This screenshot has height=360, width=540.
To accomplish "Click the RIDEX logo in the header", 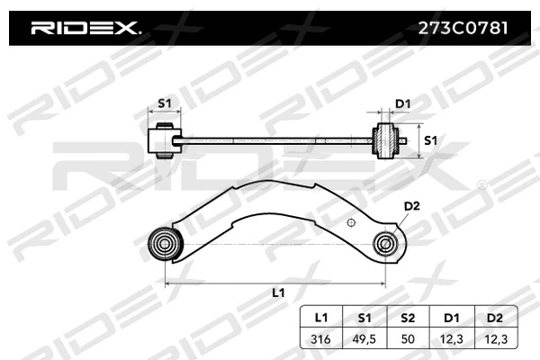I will tap(85, 28).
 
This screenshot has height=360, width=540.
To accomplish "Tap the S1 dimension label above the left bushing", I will tap(165, 103).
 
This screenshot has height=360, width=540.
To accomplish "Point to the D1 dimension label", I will tap(403, 103).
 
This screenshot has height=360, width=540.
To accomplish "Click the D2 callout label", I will tap(411, 206).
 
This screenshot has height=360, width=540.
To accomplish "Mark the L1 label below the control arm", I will tap(277, 293).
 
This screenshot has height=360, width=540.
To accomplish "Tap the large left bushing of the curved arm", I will tap(165, 242).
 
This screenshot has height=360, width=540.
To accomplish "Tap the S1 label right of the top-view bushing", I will tap(430, 140).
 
